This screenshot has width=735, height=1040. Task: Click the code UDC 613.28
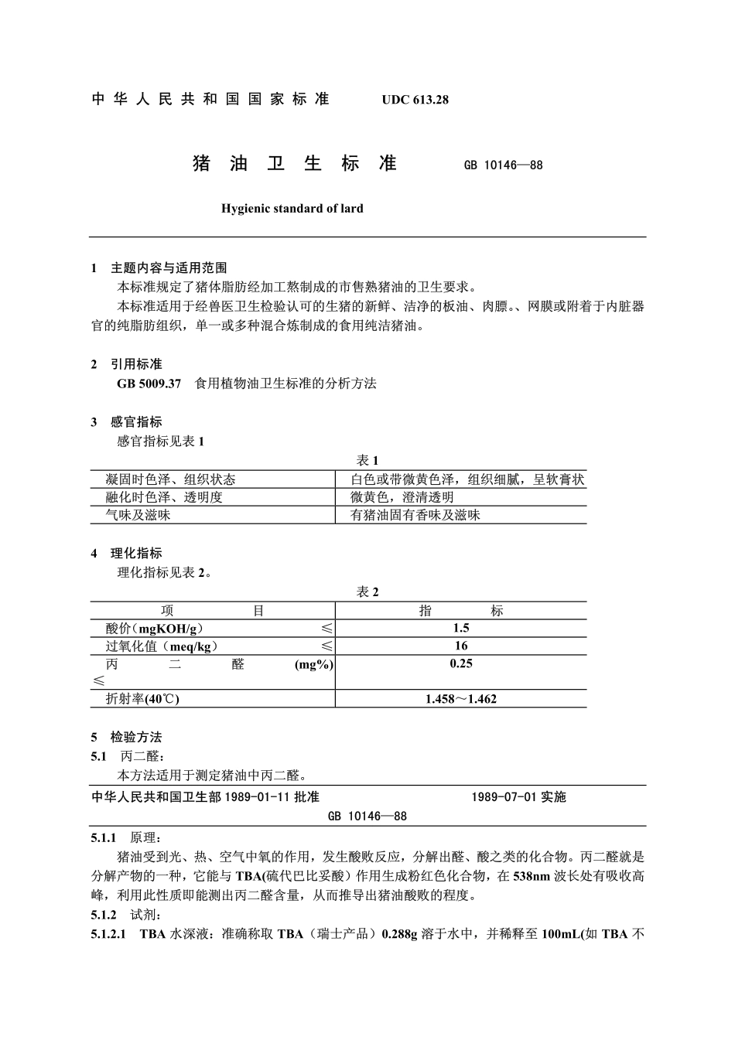415,100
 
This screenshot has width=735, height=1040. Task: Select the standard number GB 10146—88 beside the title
503,165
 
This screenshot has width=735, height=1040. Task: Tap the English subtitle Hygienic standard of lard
292,209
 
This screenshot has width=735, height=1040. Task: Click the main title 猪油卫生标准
294,164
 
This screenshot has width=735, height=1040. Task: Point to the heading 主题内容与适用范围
169,268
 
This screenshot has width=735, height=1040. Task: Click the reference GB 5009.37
149,384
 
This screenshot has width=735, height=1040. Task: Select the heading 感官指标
136,422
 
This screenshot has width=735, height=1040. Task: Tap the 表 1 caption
367,461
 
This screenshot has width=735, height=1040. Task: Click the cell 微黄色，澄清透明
402,497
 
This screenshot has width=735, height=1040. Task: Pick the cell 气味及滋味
138,515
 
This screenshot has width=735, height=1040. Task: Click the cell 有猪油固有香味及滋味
415,515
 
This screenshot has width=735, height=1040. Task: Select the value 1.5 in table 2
461,628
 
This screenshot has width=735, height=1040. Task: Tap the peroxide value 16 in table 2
461,646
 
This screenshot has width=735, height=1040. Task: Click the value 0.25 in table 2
461,663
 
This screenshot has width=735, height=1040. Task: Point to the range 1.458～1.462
461,699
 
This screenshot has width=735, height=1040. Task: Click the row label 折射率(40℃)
142,699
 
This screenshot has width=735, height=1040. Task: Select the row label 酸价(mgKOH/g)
155,628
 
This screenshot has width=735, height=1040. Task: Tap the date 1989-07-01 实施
518,797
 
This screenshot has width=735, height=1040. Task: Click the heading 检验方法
136,738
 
